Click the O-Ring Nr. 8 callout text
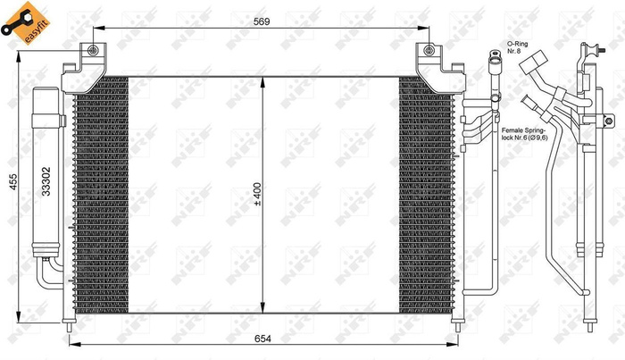[520, 47]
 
